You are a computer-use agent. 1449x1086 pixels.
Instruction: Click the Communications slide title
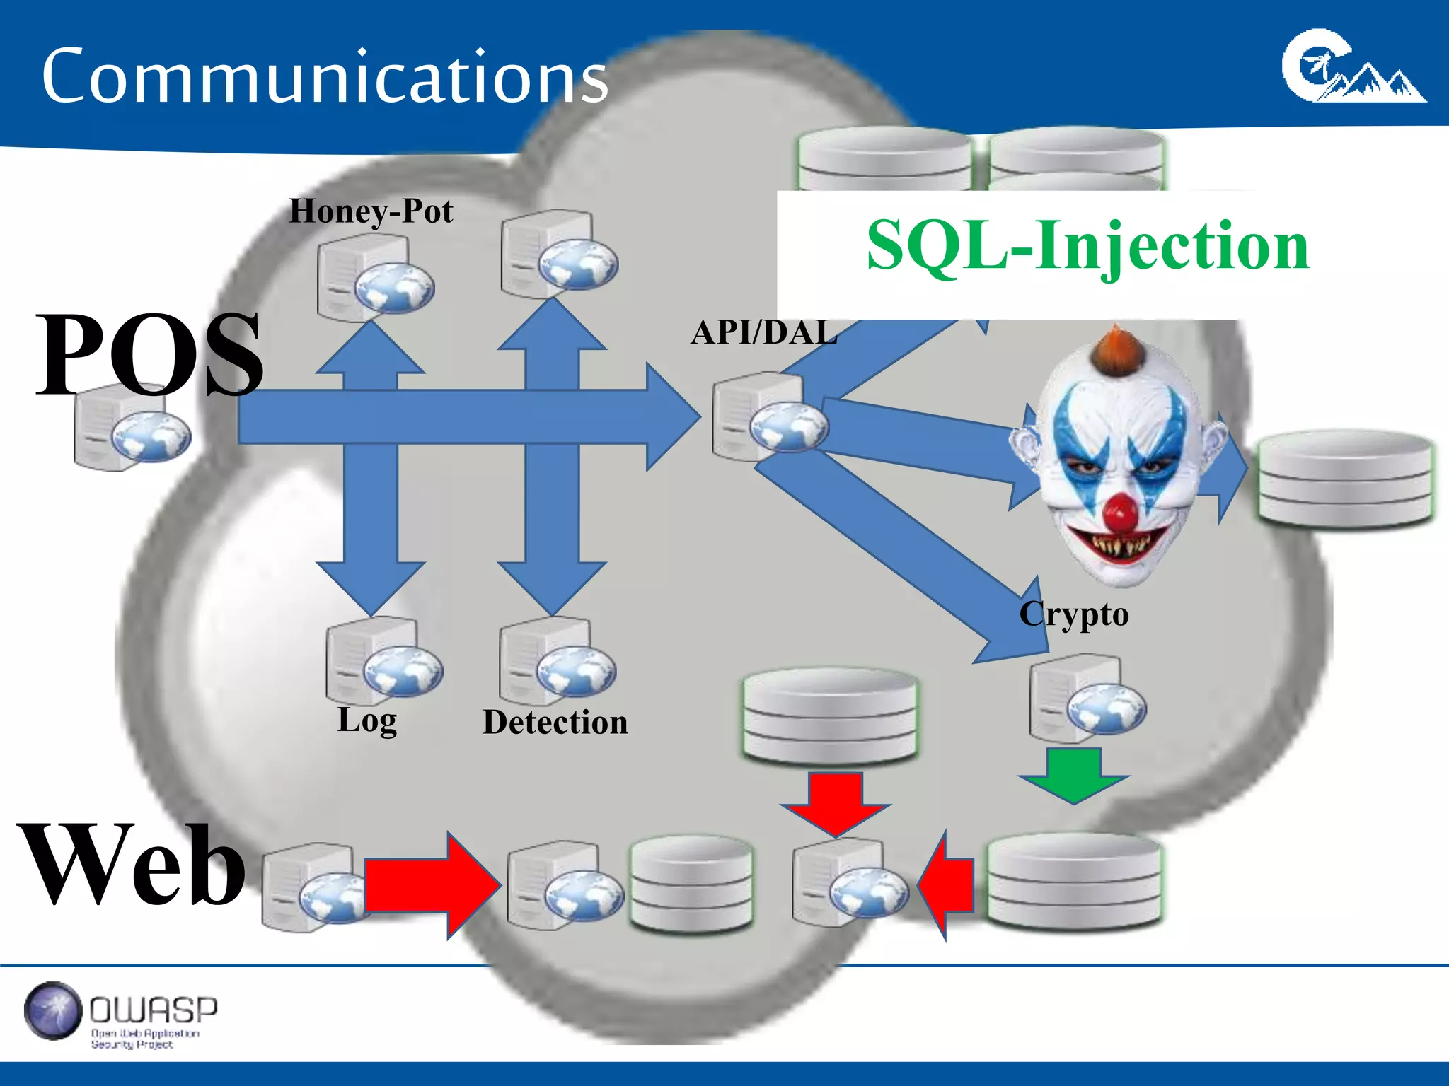point(324,76)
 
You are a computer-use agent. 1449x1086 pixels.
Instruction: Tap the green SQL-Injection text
point(1087,245)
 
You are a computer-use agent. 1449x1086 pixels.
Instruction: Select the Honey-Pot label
point(371,211)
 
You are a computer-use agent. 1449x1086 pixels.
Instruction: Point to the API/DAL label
point(763,332)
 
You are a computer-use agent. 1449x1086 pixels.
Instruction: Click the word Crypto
point(1073,614)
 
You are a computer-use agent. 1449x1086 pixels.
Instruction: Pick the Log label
point(367,720)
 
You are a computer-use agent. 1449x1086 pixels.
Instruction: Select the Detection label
point(555,723)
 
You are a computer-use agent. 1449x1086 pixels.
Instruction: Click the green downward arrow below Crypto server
point(1074,775)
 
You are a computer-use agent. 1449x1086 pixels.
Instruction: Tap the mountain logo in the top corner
point(1352,67)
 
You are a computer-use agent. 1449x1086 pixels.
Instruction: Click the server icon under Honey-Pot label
point(374,277)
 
